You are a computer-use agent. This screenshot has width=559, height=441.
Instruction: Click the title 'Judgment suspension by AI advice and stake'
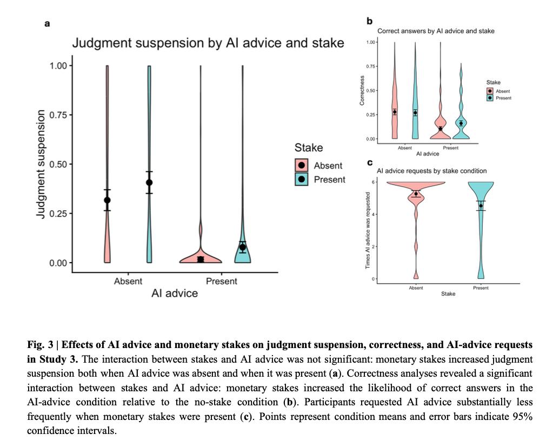tap(208, 43)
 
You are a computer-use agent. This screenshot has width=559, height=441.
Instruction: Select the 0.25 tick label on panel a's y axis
tap(58, 213)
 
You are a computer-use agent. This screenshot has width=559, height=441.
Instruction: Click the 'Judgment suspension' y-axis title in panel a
tap(41, 164)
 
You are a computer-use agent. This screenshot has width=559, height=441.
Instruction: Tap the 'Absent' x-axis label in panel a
tap(128, 281)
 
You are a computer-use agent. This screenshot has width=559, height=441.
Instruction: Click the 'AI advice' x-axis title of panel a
tap(174, 293)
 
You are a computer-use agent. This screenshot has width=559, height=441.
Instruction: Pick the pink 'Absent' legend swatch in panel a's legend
tap(302, 165)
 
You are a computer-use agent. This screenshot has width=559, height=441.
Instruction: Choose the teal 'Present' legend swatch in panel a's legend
tap(302, 179)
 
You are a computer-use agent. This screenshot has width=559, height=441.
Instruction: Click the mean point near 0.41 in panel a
tap(149, 183)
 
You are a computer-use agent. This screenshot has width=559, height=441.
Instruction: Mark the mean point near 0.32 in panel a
tap(107, 201)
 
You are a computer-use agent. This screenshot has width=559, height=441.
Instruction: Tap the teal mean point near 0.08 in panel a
tap(243, 247)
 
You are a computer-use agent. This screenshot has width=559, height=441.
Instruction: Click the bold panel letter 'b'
tap(369, 21)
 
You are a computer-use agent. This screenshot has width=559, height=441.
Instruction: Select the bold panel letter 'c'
tap(370, 163)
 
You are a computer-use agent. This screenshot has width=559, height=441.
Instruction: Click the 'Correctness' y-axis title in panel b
tap(362, 91)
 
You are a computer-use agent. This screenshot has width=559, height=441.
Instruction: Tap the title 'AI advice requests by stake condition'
tap(432, 171)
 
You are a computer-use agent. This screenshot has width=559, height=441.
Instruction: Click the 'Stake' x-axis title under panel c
tap(448, 294)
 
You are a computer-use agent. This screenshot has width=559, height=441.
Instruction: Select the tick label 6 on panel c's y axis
tap(373, 182)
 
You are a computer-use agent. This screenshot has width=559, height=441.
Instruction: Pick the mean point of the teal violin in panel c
tap(481, 206)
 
